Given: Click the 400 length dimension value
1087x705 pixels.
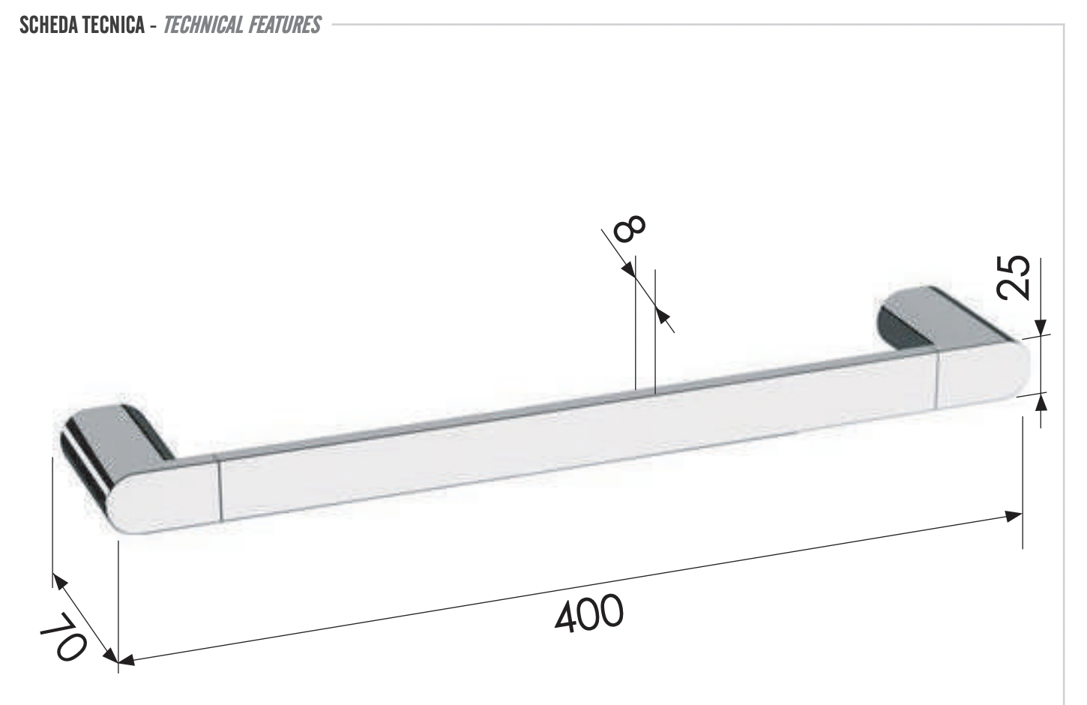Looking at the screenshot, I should tap(589, 613).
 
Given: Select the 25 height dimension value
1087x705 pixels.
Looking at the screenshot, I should tap(1017, 277).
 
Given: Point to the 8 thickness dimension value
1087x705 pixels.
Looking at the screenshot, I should tap(628, 227).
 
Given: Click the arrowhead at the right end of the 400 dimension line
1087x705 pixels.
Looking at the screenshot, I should tap(1014, 515).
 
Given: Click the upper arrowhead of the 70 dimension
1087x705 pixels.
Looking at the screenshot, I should tap(59, 580).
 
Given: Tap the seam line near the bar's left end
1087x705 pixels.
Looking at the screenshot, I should tap(220, 491).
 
